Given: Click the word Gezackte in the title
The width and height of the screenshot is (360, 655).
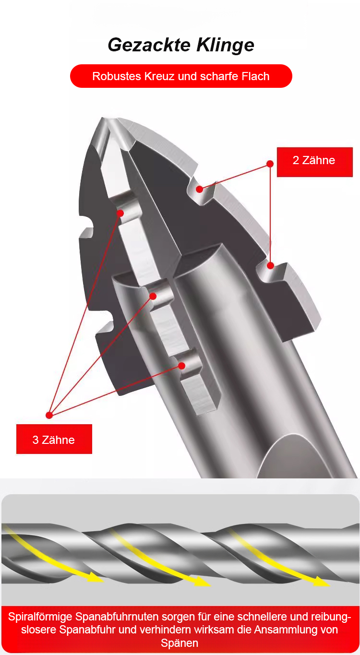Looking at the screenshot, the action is click(149, 45).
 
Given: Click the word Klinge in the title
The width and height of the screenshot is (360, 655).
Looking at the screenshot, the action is click(225, 46).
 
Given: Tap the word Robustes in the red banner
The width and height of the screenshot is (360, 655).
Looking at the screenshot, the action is click(117, 76).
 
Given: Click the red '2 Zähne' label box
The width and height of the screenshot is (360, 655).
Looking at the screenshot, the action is click(315, 162).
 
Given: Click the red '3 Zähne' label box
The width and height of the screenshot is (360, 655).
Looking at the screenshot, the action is click(54, 439).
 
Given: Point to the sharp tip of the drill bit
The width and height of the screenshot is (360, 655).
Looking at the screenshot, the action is click(102, 118).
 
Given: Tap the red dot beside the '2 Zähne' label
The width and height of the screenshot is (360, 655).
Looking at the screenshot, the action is click(270, 164).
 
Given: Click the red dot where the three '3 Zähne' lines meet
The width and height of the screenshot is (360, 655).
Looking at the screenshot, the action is click(49, 415).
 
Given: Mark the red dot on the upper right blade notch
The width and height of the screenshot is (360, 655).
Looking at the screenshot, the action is click(200, 189).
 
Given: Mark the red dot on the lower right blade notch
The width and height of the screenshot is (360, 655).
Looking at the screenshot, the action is click(271, 265).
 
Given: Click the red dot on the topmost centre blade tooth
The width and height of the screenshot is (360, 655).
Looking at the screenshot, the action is click(120, 213).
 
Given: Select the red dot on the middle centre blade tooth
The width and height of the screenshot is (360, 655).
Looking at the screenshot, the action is click(153, 296).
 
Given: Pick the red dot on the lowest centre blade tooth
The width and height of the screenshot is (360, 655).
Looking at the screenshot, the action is click(181, 366).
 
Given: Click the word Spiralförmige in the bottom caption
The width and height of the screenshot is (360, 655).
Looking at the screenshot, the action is click(40, 617).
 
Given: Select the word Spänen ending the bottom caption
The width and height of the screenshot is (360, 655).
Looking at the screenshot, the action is click(180, 643).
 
